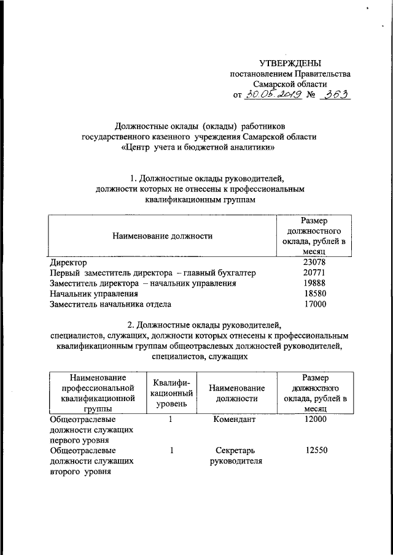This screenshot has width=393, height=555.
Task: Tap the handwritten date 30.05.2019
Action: click(271, 95)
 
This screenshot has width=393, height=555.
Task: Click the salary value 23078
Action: click(315, 262)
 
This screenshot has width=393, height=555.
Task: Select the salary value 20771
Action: click(315, 273)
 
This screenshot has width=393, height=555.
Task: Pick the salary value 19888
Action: click(315, 283)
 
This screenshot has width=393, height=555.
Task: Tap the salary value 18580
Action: click(315, 294)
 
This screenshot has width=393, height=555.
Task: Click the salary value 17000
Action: click(315, 304)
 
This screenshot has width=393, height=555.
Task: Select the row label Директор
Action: click(68, 262)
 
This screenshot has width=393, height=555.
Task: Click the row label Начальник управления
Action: click(94, 294)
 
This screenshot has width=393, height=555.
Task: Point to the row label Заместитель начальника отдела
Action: click(111, 304)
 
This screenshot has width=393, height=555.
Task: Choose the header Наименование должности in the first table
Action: click(162, 235)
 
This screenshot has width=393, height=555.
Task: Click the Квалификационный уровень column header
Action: click(172, 392)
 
